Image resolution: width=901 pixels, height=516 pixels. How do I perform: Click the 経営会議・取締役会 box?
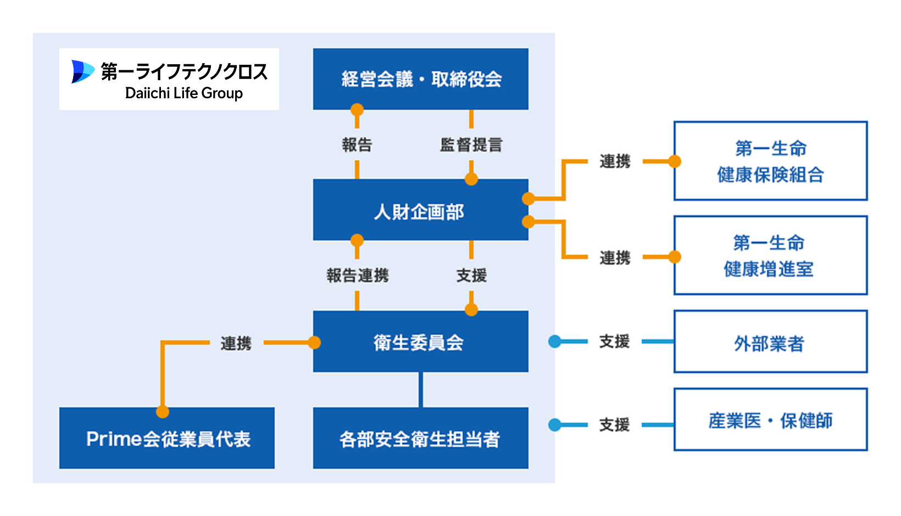click(420, 79)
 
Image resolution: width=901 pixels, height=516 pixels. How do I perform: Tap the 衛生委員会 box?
click(420, 342)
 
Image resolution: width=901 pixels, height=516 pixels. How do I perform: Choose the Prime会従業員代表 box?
click(167, 438)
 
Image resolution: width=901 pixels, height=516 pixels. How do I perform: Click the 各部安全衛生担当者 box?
click(420, 438)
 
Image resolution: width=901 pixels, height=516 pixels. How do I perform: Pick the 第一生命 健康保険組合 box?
click(770, 161)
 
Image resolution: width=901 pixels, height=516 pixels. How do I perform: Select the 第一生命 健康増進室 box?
click(770, 255)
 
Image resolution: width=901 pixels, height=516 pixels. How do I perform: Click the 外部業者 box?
click(770, 342)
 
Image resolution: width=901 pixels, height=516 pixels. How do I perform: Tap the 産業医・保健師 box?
click(770, 420)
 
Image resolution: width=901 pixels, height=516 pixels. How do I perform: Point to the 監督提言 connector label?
click(471, 145)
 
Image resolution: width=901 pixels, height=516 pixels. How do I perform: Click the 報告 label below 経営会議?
click(357, 145)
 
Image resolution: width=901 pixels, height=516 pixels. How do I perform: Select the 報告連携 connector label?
click(357, 275)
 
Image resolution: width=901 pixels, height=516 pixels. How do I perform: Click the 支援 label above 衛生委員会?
click(471, 275)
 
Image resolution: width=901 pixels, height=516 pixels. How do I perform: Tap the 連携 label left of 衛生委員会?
click(236, 343)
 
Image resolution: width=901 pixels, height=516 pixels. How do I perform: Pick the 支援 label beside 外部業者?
click(614, 341)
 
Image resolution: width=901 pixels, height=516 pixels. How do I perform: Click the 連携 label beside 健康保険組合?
click(614, 161)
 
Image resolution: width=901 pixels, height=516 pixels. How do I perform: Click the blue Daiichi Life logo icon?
click(83, 72)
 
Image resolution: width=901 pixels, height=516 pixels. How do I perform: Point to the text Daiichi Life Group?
click(184, 93)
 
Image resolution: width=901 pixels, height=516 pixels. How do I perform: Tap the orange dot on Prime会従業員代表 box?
click(163, 412)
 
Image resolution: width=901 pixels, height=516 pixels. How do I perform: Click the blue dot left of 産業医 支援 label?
click(555, 424)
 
